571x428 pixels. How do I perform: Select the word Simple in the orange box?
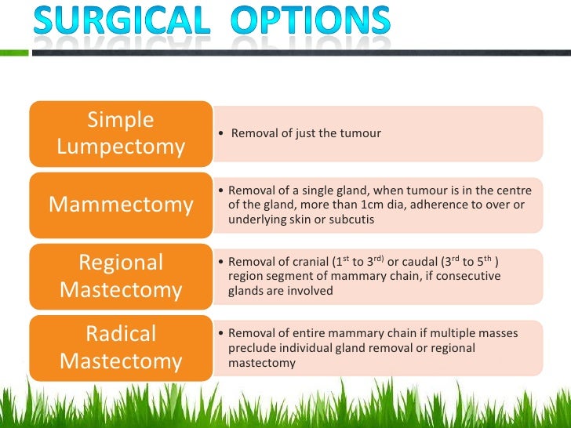click(121, 120)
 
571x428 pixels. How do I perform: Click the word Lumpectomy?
click(121, 147)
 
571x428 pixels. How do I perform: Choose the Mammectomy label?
click(121, 205)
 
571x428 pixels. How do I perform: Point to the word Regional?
click(121, 262)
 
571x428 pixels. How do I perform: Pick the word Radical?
click(121, 334)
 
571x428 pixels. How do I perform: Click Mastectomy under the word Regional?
click(121, 290)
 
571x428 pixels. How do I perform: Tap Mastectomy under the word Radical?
click(121, 362)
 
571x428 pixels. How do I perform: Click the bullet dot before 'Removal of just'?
click(223, 134)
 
